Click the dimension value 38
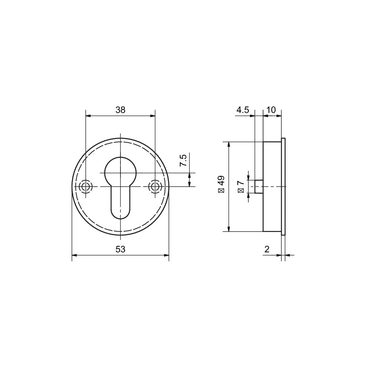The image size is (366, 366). [x=120, y=110]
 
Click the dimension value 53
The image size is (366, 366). [x=120, y=249]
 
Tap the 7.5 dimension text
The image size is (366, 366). [x=183, y=160]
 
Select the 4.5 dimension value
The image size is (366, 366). [x=243, y=110]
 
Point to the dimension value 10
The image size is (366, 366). [x=271, y=110]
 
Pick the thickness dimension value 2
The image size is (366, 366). [x=267, y=249]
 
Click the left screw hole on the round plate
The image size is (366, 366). [x=86, y=187]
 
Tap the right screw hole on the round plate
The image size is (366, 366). [x=155, y=187]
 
